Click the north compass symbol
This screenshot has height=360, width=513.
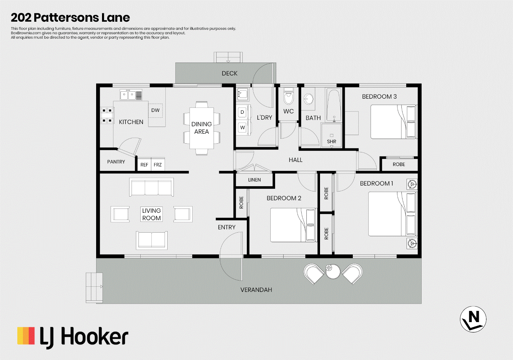coord(473,319)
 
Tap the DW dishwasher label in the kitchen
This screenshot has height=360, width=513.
coord(155,110)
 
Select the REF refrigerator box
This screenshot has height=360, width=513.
coord(144,164)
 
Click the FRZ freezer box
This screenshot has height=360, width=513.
coord(158,164)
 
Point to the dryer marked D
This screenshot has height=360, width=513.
coord(242,112)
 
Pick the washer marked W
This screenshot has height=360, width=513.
coord(242,127)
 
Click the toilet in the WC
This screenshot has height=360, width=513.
coord(288,97)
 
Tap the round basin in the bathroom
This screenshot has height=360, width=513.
coord(309,99)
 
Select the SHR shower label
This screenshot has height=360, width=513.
coord(331,141)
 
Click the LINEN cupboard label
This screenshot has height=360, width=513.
coord(254,180)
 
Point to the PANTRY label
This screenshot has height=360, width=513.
coord(116,162)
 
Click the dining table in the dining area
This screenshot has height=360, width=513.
coord(201,128)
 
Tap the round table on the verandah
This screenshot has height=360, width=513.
coord(333,271)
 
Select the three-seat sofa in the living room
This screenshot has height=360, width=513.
coord(151,187)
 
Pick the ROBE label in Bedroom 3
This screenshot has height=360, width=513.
coord(399,164)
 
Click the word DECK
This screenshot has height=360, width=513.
coord(229,73)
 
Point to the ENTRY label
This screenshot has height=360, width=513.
coord(226,227)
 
